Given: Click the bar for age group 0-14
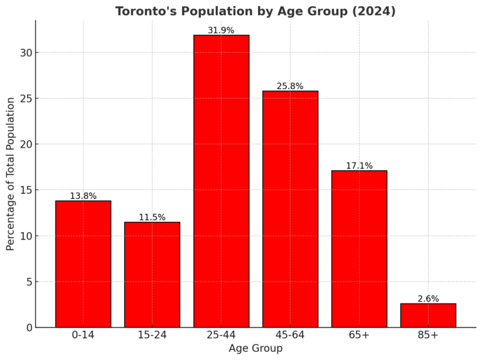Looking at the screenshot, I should coord(83,264).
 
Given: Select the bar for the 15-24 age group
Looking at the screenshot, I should coord(152,275).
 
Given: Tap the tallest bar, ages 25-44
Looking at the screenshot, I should coord(221,181).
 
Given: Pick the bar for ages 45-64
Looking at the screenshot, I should coord(290,209).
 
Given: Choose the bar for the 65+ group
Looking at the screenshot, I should coord(359,249).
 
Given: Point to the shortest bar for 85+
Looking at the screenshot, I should coord(428,315).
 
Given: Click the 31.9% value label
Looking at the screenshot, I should coord(221,30).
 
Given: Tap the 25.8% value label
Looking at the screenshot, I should coord(290,86).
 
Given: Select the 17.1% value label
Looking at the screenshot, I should coord(359,166).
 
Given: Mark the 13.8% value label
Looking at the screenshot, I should coord(83,196).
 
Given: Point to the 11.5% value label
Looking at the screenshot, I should coord(152,217).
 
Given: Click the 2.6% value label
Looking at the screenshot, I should coord(428,299).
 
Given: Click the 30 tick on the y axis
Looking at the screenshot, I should coord(24,53).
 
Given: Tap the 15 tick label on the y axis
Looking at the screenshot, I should coord(24,190).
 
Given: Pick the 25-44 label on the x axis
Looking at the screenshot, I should coord(221,335).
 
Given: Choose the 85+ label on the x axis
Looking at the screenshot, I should coord(428,335).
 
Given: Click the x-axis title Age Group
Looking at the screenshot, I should coord(255,348).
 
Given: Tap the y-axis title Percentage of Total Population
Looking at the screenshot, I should coord(11,174).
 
